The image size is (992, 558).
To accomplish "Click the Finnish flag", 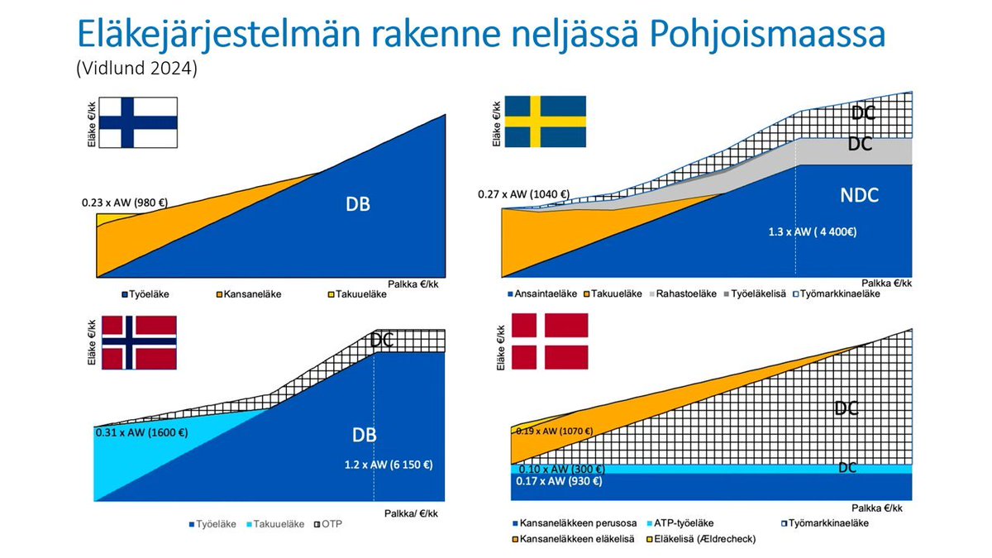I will (138, 122).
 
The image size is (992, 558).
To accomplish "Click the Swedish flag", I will (545, 122).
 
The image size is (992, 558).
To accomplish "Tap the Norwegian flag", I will (138, 342).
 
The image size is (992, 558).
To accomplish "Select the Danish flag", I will (550, 341).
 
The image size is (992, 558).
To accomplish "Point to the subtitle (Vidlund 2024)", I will (136, 69).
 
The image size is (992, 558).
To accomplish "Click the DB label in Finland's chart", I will (357, 203).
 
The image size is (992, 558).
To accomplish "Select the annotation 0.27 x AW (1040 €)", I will (524, 195).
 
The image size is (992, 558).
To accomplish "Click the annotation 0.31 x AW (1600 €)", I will (142, 432).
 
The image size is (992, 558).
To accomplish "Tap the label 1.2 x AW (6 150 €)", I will (389, 465).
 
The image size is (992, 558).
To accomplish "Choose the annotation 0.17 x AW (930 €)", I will (559, 481).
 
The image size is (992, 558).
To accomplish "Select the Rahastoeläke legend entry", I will (684, 293).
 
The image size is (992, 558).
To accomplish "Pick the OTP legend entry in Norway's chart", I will (333, 524).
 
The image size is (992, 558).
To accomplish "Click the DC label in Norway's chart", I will (382, 340).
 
